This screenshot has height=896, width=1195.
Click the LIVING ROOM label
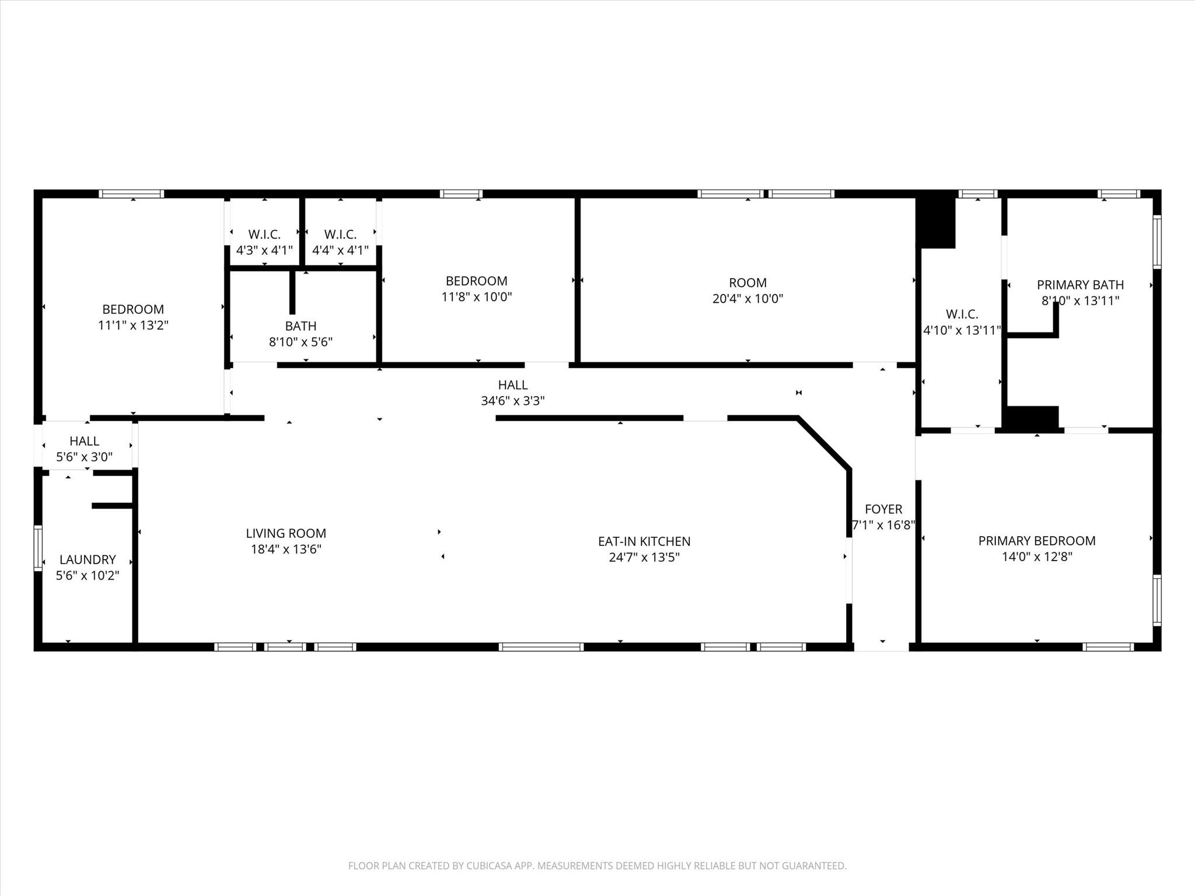coord(285,533)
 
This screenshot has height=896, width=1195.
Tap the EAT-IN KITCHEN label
coord(644,541)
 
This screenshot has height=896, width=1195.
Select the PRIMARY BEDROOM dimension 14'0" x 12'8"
coord(1037,556)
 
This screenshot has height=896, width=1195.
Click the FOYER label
coord(883,509)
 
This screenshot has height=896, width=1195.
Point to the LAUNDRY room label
coord(88,559)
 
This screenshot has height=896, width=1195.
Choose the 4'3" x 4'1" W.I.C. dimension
coord(264,250)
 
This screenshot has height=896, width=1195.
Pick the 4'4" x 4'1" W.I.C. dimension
coord(340,250)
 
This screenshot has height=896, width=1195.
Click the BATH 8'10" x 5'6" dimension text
coord(301,342)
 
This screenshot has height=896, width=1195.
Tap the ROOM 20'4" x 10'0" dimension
coord(747,299)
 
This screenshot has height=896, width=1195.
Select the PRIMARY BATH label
coord(1080,285)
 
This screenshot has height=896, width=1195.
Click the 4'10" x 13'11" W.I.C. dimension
coord(962,330)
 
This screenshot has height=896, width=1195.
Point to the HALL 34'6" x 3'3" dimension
coord(513,401)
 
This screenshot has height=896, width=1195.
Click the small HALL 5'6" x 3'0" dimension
coord(85,457)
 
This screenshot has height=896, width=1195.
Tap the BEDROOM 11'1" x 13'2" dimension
coord(133,325)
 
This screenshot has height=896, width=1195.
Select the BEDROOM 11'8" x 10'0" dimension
coord(476,296)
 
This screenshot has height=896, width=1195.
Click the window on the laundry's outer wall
coord(38,547)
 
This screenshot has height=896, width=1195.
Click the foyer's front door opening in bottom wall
coord(882,646)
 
